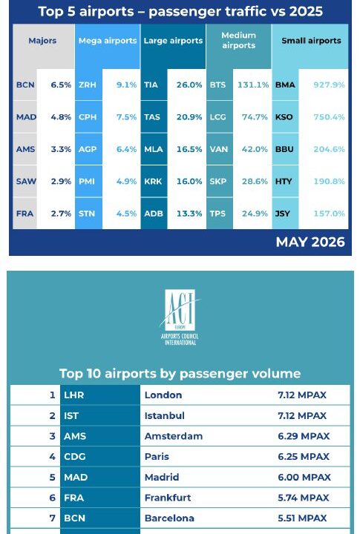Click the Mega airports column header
(x=108, y=41)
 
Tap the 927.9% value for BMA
(x=329, y=85)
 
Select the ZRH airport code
(x=88, y=85)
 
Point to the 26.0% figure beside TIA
(x=189, y=85)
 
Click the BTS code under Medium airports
(x=217, y=85)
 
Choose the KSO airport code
(x=284, y=117)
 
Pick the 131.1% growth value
(x=253, y=85)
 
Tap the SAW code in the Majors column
(x=26, y=182)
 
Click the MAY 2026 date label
(x=310, y=242)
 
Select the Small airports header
(x=311, y=41)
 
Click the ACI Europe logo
(x=180, y=317)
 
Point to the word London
(x=163, y=395)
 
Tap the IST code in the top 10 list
(x=71, y=415)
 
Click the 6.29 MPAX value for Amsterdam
(x=304, y=436)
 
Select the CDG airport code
(x=75, y=457)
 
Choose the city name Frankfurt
(x=168, y=498)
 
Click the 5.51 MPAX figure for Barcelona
(x=302, y=518)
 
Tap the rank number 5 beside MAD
(x=52, y=477)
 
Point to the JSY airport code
(x=283, y=214)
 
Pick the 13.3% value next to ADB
(x=189, y=214)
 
